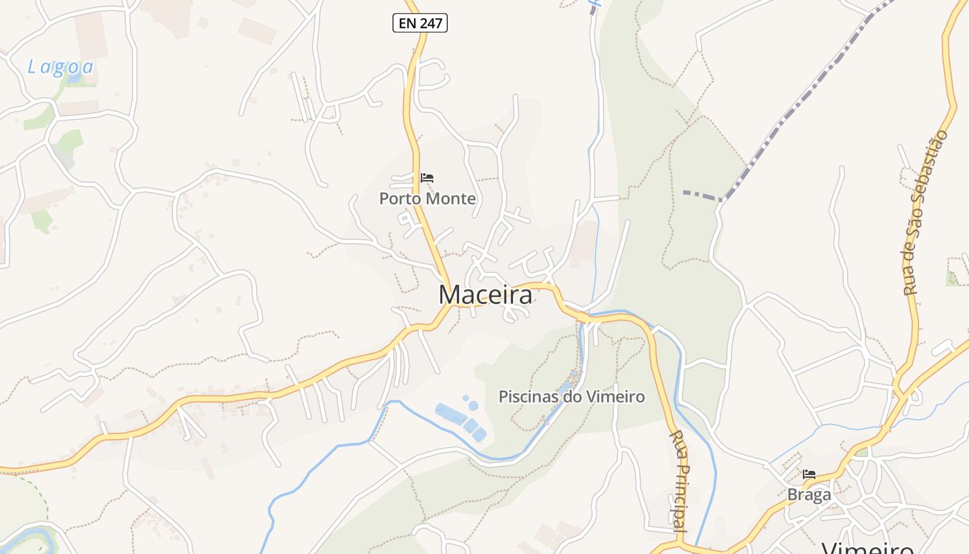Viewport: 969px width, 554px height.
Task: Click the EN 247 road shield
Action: pyautogui.click(x=420, y=24)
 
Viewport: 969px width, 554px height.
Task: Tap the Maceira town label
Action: pyautogui.click(x=485, y=295)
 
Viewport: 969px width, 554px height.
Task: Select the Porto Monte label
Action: pyautogui.click(x=427, y=199)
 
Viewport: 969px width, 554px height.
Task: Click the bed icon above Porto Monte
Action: pyautogui.click(x=427, y=178)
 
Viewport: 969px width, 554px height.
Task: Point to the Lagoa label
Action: pyautogui.click(x=60, y=67)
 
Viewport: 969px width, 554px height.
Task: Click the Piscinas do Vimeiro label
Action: pyautogui.click(x=572, y=397)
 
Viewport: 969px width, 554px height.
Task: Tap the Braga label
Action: pyautogui.click(x=808, y=495)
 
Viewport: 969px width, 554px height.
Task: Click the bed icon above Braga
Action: pyautogui.click(x=808, y=474)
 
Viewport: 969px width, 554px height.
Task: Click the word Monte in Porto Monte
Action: pyautogui.click(x=451, y=199)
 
